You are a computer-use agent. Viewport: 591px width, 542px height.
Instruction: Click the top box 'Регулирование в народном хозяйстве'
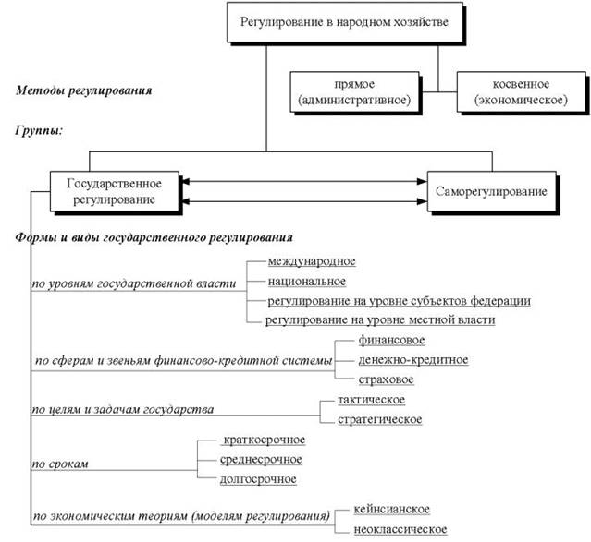click(x=345, y=22)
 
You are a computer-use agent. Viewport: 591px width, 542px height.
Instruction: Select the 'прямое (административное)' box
click(x=354, y=91)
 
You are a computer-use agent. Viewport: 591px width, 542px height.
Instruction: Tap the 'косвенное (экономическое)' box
click(x=522, y=91)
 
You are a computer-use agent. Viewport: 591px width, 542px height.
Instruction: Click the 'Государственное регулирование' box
click(x=115, y=191)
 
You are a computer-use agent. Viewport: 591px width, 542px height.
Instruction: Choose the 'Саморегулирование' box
click(x=492, y=191)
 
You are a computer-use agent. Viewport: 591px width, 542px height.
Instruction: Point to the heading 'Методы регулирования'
click(x=84, y=90)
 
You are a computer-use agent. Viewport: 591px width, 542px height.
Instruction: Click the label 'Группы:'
click(x=39, y=130)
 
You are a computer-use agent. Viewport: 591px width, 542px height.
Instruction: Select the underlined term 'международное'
click(x=312, y=261)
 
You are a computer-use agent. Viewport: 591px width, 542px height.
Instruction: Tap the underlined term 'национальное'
click(x=307, y=282)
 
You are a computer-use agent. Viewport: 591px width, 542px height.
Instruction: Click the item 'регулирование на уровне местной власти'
click(x=380, y=319)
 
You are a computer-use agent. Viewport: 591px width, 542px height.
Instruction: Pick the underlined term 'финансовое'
click(x=391, y=340)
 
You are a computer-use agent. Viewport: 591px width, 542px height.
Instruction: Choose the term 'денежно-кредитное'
click(x=413, y=360)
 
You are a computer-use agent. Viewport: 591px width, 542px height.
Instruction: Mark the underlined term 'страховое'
click(x=387, y=379)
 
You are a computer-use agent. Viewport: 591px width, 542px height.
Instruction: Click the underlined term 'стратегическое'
click(x=380, y=419)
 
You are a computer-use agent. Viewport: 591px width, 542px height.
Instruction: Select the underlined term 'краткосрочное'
click(x=264, y=440)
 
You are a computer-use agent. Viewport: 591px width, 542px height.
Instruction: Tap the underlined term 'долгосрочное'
click(x=258, y=479)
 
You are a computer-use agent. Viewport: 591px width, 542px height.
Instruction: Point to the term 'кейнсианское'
click(x=391, y=510)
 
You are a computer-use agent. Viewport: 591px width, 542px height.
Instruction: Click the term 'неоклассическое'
click(x=400, y=529)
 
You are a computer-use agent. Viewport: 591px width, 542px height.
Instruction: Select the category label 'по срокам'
click(x=60, y=464)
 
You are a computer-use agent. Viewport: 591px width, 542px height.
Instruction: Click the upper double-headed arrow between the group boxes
click(x=303, y=181)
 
